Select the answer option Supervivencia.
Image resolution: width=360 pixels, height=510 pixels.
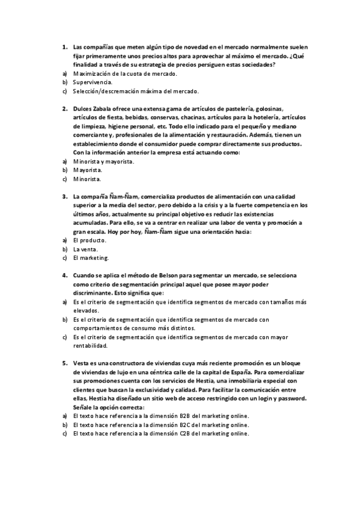click(92, 82)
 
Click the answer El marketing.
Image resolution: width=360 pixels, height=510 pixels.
click(91, 258)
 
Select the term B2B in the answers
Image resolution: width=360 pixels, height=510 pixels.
click(185, 416)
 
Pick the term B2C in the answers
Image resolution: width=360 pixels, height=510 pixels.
click(185, 425)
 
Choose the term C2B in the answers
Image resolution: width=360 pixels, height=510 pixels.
click(185, 434)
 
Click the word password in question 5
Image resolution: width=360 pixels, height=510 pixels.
click(293, 398)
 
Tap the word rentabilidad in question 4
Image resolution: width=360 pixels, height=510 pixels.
click(90, 346)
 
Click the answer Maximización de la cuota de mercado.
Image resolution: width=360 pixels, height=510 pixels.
click(125, 73)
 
